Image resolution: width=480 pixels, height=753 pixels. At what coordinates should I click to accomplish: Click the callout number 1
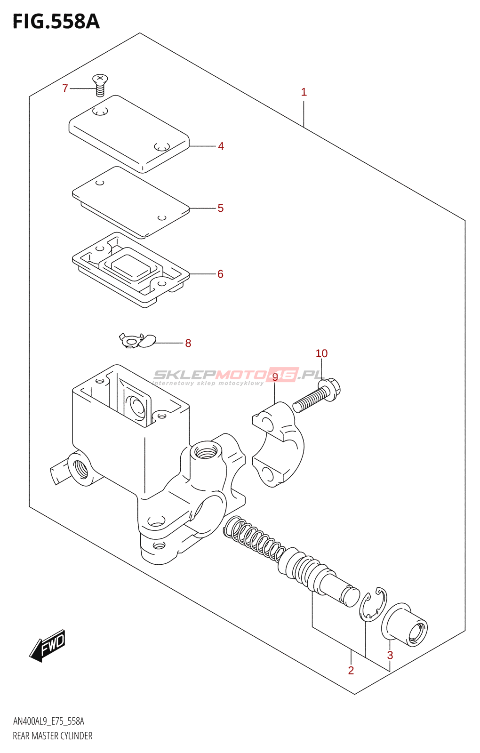(x=304, y=92)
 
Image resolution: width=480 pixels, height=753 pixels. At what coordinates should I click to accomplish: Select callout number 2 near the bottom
(x=351, y=671)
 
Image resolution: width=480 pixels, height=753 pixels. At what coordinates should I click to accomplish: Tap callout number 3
(x=390, y=655)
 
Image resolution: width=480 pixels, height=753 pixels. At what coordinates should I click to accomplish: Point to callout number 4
(x=221, y=146)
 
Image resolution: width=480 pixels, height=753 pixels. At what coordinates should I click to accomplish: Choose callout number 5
(x=220, y=208)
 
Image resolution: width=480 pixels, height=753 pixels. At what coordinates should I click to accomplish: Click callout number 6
(x=220, y=274)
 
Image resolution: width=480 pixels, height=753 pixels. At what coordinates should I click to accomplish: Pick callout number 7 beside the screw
(x=65, y=88)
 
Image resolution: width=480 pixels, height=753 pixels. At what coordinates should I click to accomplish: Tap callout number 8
(x=188, y=343)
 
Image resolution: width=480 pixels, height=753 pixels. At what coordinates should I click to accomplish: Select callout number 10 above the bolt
(x=321, y=353)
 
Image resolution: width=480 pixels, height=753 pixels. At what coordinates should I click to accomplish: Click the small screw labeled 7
(x=100, y=85)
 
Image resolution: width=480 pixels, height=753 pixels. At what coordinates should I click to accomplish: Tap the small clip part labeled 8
(x=137, y=340)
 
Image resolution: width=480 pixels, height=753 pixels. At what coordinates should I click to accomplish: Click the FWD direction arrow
(x=47, y=646)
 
